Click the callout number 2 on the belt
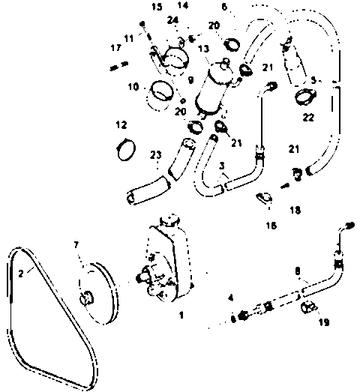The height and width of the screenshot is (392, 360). (x=21, y=274)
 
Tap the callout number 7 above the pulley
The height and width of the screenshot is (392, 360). (x=76, y=245)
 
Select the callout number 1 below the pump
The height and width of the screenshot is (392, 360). (x=181, y=315)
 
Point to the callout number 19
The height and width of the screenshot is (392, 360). (x=324, y=322)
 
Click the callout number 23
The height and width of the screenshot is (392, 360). (x=155, y=155)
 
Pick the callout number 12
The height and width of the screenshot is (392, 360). (x=121, y=124)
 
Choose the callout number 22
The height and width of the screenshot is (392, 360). (x=308, y=117)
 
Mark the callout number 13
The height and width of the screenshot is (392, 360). (x=203, y=48)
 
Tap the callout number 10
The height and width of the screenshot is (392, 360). (x=133, y=87)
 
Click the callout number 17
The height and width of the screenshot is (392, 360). (x=116, y=47)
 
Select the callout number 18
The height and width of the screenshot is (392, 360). (x=295, y=211)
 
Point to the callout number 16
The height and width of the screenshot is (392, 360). (x=271, y=226)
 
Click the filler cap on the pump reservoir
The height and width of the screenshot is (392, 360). (x=169, y=220)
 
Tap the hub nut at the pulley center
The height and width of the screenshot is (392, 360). (x=86, y=298)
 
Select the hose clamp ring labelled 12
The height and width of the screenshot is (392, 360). (x=126, y=149)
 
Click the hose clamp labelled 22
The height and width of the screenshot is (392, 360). (x=305, y=96)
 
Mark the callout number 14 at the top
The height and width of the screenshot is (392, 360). (x=183, y=5)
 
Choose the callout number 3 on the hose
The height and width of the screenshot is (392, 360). (x=222, y=166)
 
